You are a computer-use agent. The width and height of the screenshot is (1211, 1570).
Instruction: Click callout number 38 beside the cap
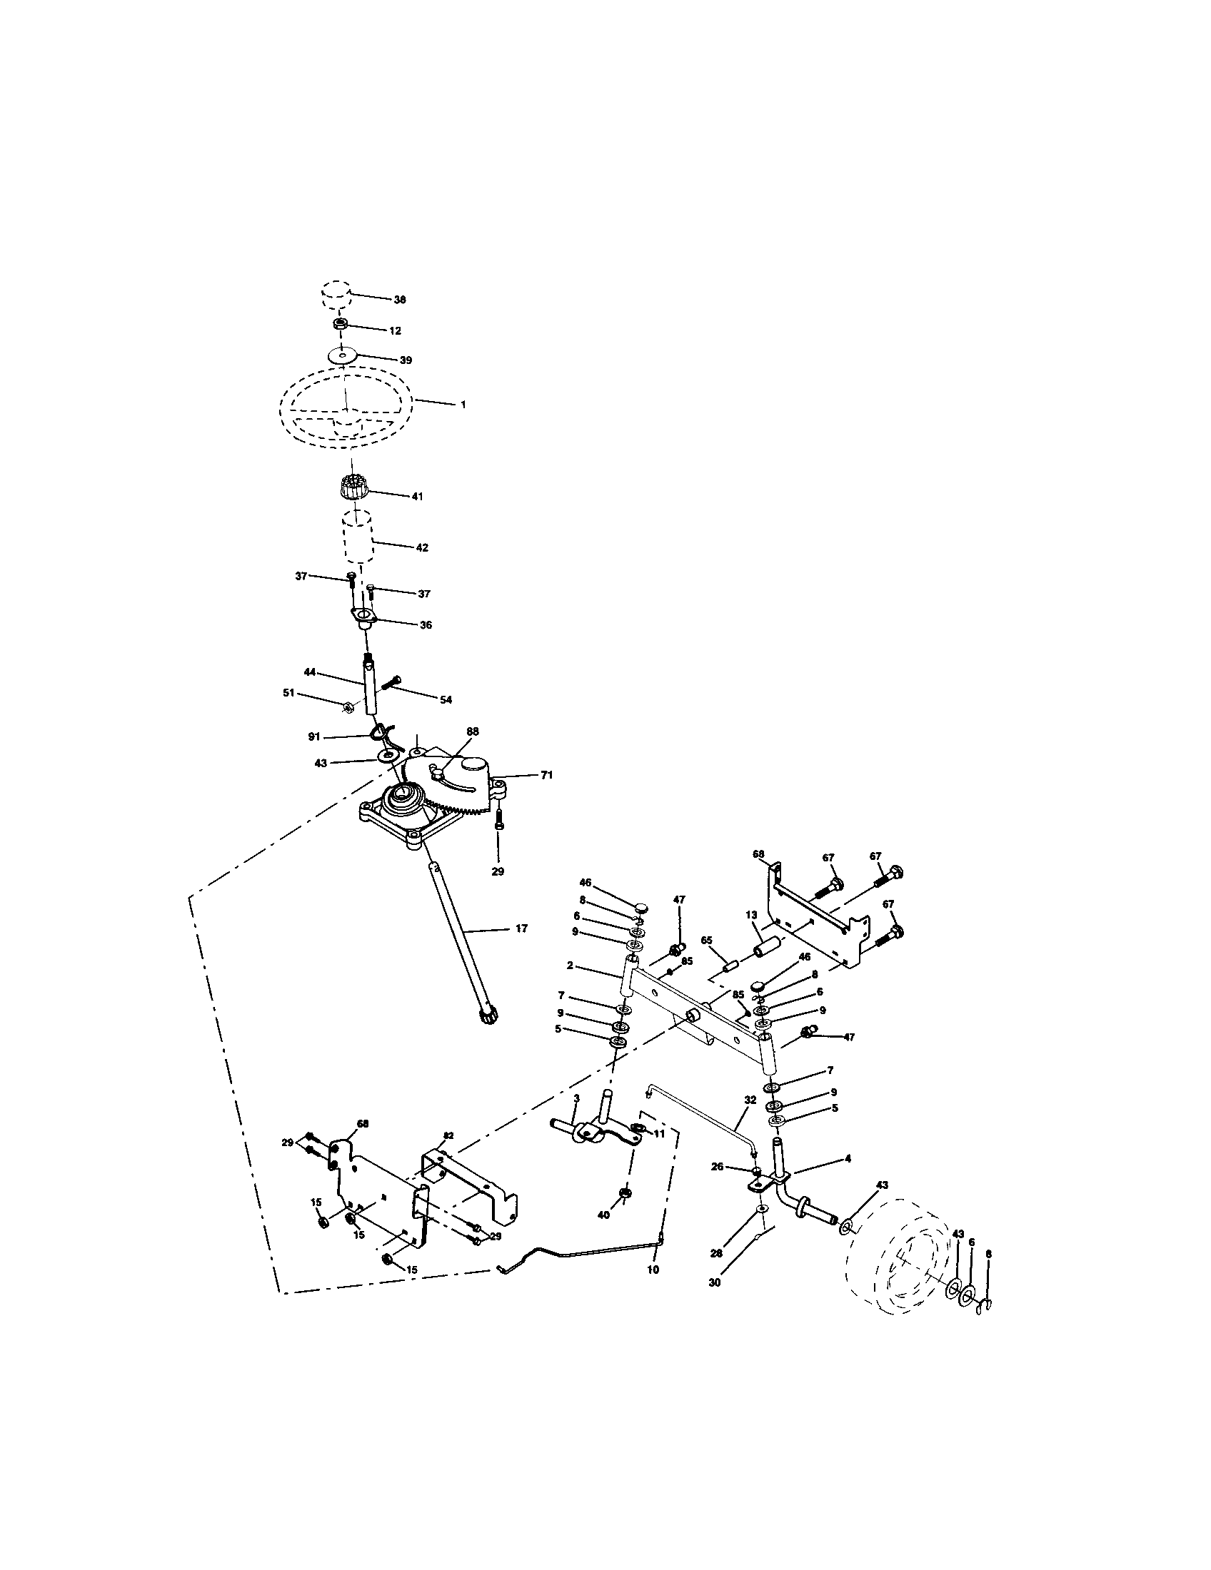tap(399, 300)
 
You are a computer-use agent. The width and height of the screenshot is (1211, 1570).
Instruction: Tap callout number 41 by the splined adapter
tap(417, 496)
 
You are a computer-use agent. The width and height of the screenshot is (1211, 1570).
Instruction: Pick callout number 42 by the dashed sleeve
tap(421, 548)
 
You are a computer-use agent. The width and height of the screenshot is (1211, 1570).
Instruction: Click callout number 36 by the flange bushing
tap(426, 625)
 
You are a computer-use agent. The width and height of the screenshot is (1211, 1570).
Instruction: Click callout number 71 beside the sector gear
tap(546, 775)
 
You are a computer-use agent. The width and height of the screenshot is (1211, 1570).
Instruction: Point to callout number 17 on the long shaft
tap(521, 928)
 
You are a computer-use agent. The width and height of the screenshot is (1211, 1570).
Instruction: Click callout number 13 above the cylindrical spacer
tap(751, 915)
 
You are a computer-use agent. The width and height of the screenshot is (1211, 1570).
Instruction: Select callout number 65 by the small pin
tap(706, 941)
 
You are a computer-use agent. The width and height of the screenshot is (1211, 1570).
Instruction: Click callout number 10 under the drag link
tap(653, 1270)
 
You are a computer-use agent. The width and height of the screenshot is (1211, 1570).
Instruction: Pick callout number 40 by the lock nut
tap(604, 1214)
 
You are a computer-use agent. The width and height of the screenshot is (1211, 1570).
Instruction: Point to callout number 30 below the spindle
tap(714, 1282)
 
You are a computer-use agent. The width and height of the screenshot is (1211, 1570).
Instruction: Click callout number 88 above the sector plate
tap(473, 731)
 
